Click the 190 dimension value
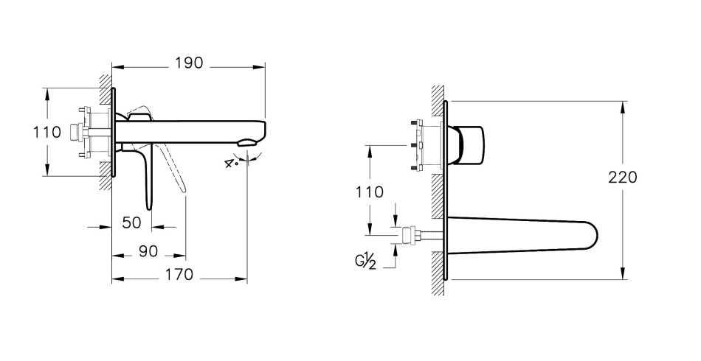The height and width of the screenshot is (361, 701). [189, 63]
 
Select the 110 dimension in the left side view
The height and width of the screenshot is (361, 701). [46, 133]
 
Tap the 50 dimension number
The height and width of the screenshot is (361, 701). [132, 222]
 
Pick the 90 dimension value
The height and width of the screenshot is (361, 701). [148, 251]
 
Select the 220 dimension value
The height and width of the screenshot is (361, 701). [624, 178]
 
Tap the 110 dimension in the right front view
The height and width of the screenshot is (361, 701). [369, 192]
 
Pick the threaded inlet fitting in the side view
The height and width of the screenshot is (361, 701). [74, 133]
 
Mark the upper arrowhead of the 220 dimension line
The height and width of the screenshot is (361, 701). [624, 106]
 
